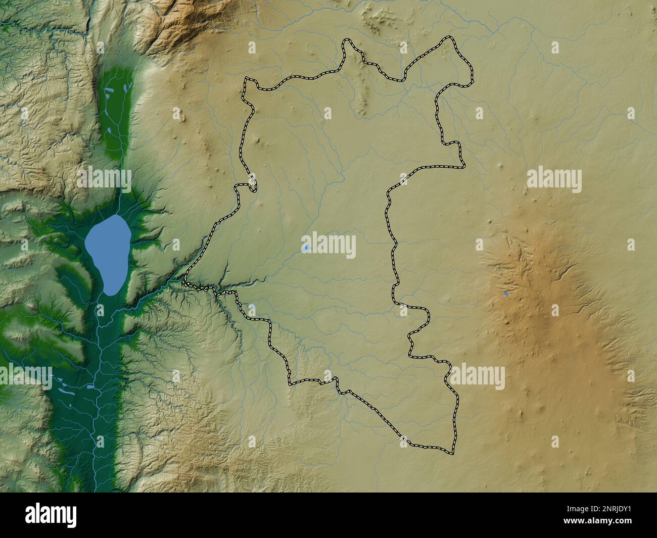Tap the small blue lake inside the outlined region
click(306, 248)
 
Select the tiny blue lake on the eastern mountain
click(506, 294)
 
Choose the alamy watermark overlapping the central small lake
click(329, 246)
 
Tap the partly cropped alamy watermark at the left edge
click(25, 376)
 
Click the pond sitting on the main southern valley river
click(90, 386)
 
